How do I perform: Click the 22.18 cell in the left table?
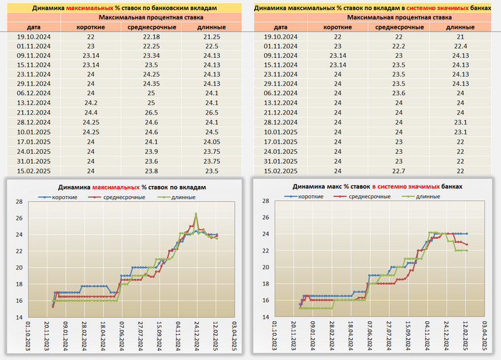(x=151, y=36)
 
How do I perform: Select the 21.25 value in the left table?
(x=212, y=36)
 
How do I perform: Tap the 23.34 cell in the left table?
(x=151, y=54)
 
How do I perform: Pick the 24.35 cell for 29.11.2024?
(x=151, y=82)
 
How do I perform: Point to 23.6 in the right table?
(x=399, y=92)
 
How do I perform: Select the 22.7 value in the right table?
(x=399, y=171)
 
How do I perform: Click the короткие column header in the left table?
(x=90, y=26)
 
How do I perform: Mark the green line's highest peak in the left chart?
(x=195, y=213)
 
